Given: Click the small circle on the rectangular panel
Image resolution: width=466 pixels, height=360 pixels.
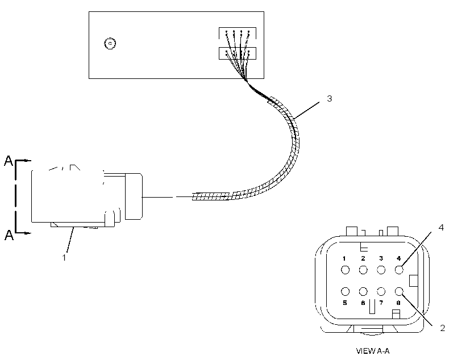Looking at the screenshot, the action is [x=110, y=43].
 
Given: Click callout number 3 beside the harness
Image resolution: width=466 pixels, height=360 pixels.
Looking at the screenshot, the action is [x=329, y=99].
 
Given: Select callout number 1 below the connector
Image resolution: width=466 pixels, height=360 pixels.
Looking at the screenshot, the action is [x=64, y=258].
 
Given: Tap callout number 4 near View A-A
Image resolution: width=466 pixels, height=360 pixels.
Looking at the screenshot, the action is [x=441, y=228].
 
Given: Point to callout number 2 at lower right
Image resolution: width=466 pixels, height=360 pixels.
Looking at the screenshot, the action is [x=443, y=328].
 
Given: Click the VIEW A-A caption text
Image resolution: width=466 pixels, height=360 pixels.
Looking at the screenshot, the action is [x=373, y=351].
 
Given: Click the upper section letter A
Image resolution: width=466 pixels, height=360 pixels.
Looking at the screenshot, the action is [x=9, y=161].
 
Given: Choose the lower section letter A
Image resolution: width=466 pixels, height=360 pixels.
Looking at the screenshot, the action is [x=9, y=235].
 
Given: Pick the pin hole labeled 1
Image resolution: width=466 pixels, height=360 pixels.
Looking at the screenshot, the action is [x=345, y=270].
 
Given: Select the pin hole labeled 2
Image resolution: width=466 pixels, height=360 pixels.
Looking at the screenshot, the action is [x=363, y=270].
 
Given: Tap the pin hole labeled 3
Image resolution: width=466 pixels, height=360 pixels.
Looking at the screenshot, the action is [x=381, y=270].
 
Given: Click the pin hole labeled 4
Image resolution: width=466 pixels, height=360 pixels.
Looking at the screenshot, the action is [x=399, y=270].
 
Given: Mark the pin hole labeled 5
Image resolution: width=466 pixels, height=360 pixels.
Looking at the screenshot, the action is [x=345, y=292].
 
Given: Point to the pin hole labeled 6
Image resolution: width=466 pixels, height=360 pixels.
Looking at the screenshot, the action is [x=363, y=292].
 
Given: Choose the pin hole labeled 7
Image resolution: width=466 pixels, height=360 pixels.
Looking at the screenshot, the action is [x=381, y=292].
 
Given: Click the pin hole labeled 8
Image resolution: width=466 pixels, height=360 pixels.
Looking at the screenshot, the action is [x=399, y=292].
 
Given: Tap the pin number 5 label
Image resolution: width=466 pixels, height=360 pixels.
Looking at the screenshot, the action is [x=345, y=303].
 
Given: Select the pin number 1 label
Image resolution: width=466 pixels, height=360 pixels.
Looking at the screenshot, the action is [x=344, y=258].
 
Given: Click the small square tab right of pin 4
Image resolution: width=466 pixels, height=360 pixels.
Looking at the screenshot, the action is [x=413, y=281].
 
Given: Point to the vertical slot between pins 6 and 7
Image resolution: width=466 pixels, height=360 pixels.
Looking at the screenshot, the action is [x=372, y=306].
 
